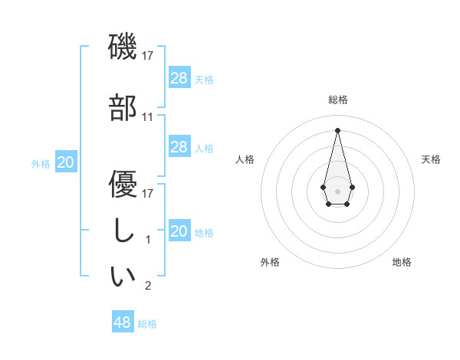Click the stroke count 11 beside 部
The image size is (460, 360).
[x=148, y=117]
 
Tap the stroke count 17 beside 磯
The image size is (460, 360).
[x=148, y=56]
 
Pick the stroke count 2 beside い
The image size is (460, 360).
[x=148, y=286]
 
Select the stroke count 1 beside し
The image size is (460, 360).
[x=148, y=240]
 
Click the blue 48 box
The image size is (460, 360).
[x=122, y=322]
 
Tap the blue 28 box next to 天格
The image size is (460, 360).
[x=179, y=77]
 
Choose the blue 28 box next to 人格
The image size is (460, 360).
[x=179, y=146]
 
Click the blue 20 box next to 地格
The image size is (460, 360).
[x=179, y=231]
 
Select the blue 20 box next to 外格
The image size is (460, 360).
[x=66, y=162]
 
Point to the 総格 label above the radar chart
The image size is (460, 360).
[x=337, y=100]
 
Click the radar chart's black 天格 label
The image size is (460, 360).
[x=431, y=159]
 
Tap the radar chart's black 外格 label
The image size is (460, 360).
[x=269, y=262]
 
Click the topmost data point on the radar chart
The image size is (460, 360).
[x=337, y=129]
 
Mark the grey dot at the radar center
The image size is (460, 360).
[x=337, y=190]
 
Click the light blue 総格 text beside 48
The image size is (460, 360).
[x=147, y=324]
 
